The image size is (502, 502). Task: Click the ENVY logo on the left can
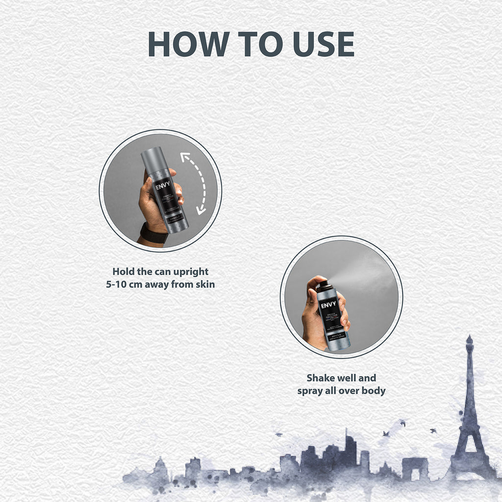coord(163,187)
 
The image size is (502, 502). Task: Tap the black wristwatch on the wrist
coord(153,233)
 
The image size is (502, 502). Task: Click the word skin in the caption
coord(205,284)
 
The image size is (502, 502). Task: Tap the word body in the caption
coord(374,391)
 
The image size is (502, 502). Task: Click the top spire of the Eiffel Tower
coord(469,339)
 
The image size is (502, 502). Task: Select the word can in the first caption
coord(159,272)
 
